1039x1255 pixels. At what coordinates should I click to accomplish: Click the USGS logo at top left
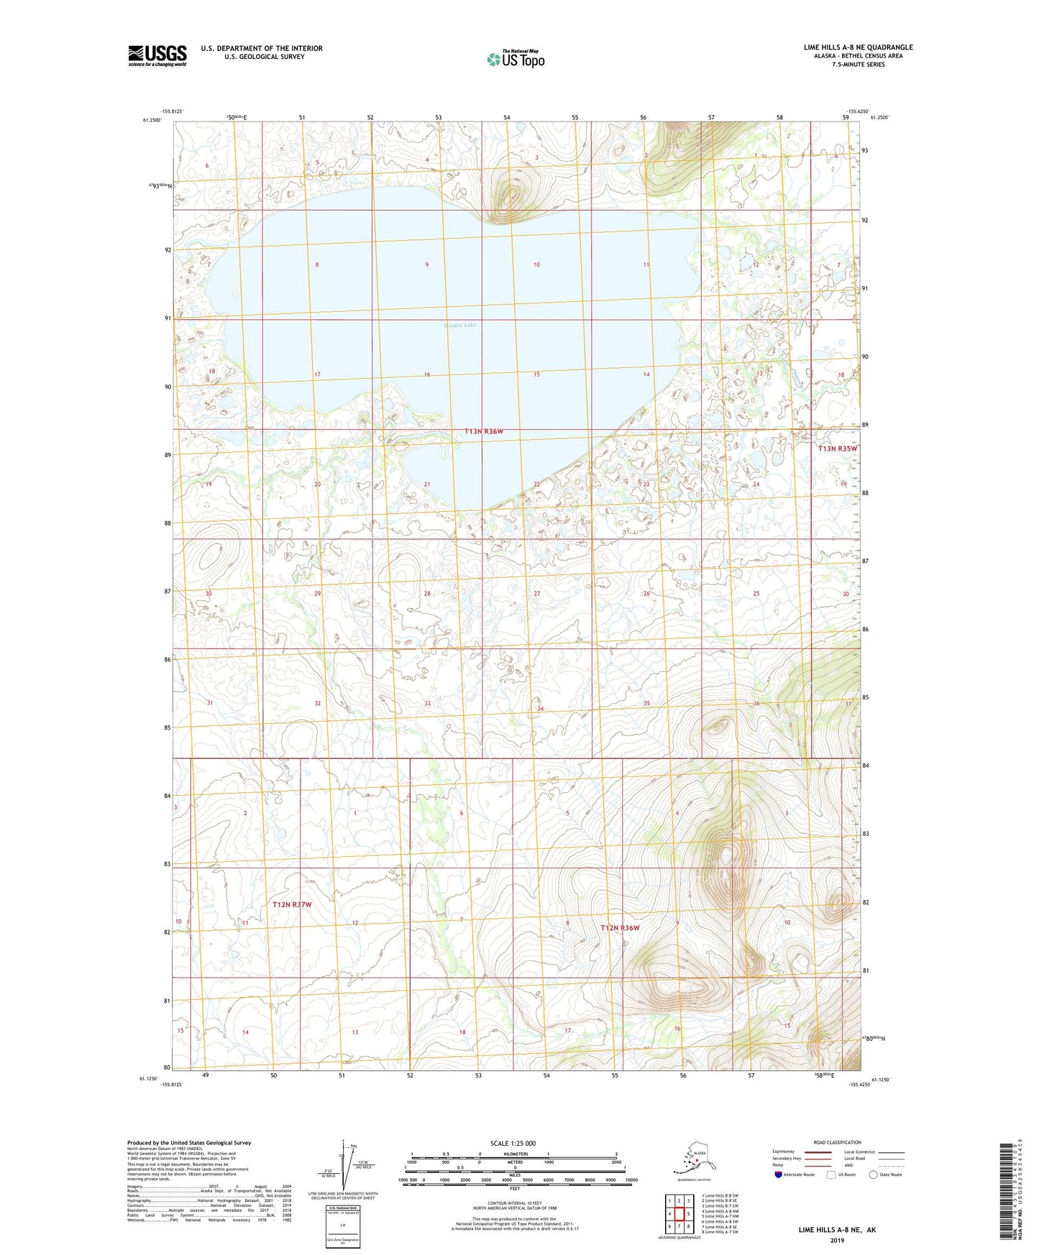(157, 55)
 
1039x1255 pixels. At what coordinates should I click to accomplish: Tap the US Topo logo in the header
(515, 59)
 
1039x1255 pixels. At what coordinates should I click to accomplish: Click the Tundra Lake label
(459, 325)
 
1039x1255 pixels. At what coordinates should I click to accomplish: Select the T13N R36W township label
(484, 431)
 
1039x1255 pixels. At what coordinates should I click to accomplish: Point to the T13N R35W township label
(838, 449)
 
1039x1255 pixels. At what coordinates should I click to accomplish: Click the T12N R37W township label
(292, 904)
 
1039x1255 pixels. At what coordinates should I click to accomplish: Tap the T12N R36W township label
(620, 928)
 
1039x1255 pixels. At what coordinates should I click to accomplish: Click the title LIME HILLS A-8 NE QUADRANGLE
(858, 47)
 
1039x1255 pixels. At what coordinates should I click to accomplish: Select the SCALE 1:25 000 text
(513, 1143)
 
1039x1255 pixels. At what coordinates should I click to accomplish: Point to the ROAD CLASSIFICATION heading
(837, 1142)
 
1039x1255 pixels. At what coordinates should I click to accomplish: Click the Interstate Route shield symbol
(779, 1174)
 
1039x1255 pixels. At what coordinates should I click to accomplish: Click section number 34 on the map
(540, 709)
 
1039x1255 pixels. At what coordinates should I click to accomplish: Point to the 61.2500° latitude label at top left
(152, 120)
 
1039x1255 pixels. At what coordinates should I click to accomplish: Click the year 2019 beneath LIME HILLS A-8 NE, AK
(837, 1240)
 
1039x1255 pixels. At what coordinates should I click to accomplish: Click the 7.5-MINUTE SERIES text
(858, 65)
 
